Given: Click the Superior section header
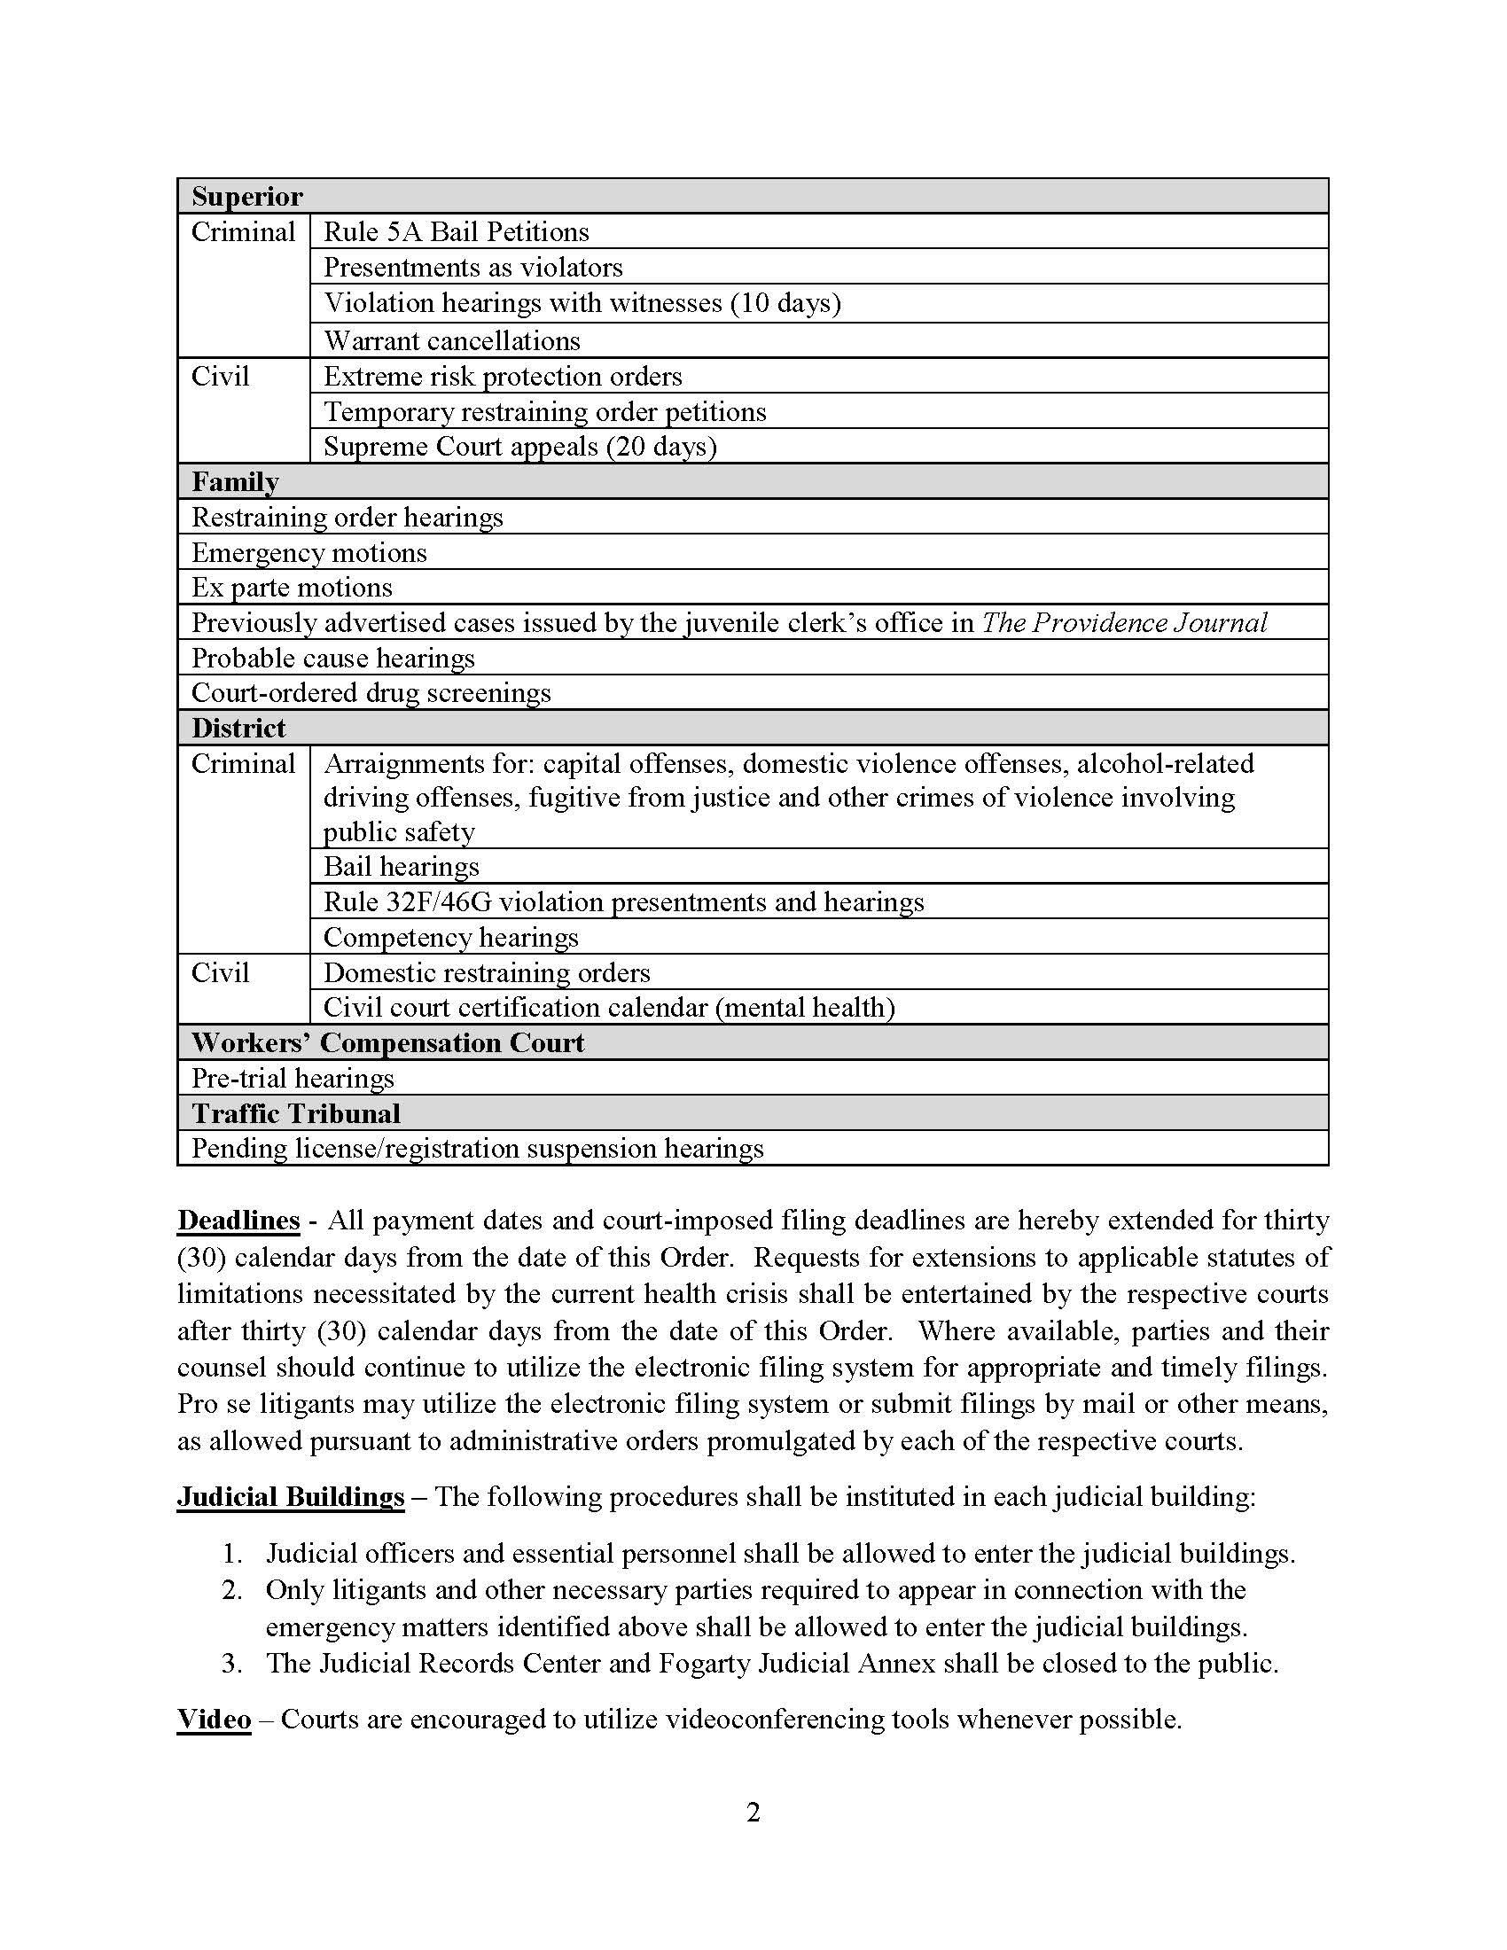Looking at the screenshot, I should (x=247, y=197).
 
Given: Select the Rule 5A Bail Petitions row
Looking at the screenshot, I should (x=457, y=232).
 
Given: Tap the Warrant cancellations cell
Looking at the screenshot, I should (x=452, y=340).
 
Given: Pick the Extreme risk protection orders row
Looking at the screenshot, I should (x=503, y=376).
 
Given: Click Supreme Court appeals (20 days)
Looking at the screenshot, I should (x=519, y=447).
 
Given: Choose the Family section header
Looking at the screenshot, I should (x=236, y=482).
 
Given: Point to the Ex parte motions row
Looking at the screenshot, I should (x=292, y=588).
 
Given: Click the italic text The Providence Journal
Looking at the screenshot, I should (x=1124, y=622).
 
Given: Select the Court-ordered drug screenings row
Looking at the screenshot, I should (x=371, y=693).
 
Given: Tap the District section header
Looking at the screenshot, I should (x=238, y=729).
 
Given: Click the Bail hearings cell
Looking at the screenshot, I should (x=401, y=866).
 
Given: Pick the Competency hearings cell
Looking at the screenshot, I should (x=451, y=937).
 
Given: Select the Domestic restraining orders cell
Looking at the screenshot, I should (x=487, y=972).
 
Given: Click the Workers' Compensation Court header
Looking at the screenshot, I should (x=387, y=1043).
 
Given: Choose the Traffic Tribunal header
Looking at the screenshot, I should (x=295, y=1113).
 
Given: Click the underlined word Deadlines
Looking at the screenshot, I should (x=238, y=1221).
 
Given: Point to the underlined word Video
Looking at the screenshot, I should (x=214, y=1719).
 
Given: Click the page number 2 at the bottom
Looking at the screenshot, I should (x=753, y=1813).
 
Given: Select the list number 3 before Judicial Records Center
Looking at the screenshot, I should (x=232, y=1664).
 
